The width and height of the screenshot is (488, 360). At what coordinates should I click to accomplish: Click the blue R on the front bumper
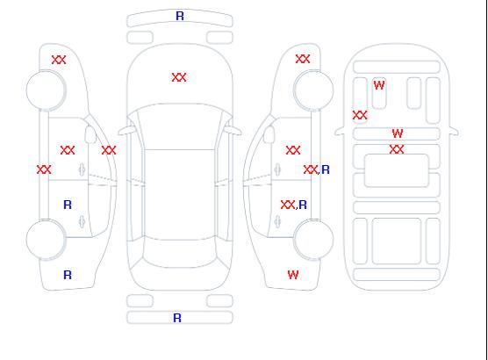coord(180,16)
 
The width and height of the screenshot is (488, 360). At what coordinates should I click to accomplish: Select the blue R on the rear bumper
coord(177,318)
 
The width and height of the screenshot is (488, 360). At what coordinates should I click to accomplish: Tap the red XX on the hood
coord(179,77)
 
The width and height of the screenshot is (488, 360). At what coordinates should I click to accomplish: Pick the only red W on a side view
coord(293,275)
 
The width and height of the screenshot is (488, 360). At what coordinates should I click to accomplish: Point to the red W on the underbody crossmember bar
coord(398,133)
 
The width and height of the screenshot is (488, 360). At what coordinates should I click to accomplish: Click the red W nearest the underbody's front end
coord(379,85)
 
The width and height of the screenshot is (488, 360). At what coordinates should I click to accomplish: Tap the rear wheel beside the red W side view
coord(313,240)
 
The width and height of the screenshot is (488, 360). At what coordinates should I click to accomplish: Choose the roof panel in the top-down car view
coord(180,195)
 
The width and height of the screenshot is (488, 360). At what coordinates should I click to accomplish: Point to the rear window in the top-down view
coord(180,253)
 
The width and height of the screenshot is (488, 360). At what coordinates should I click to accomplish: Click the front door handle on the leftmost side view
coord(82,169)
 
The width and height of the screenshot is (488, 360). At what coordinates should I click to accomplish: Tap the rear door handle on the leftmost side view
coord(82,221)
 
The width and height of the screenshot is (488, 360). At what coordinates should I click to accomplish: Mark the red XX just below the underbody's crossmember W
coord(397,149)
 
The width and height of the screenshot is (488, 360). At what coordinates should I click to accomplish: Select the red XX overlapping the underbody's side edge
coord(360,115)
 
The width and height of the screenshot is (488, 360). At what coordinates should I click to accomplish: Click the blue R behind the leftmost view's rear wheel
coord(68,275)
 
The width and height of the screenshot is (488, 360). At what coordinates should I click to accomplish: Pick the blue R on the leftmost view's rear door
coord(68,205)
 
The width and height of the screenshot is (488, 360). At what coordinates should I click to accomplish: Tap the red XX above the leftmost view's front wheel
coord(59,60)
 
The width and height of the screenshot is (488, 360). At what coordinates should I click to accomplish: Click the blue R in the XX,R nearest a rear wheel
coord(303,205)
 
